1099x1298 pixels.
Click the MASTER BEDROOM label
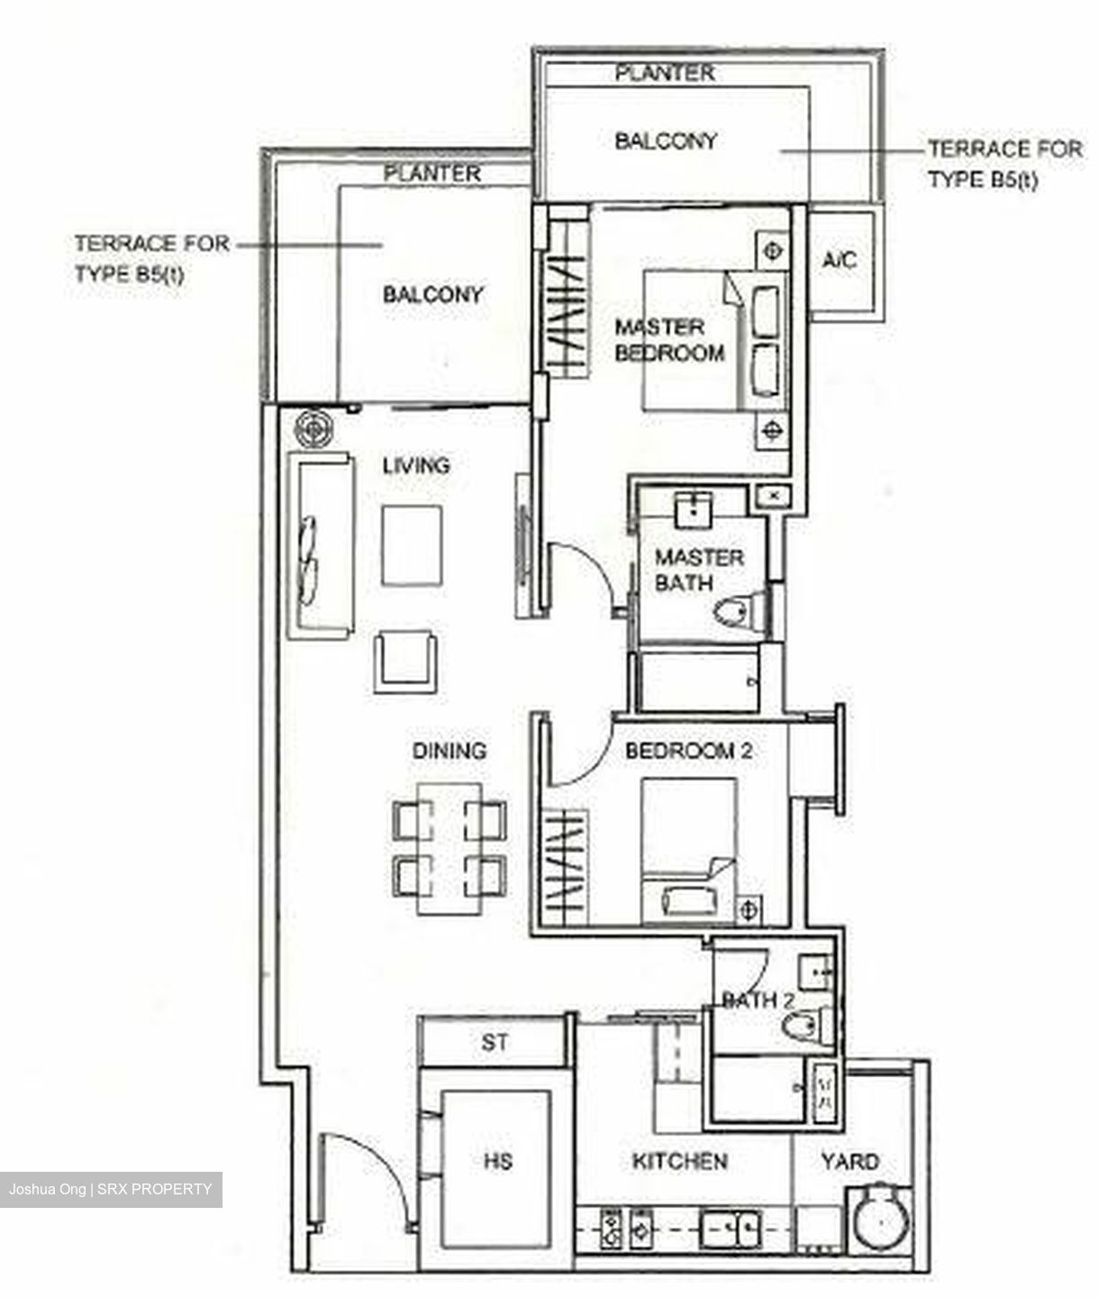click(669, 340)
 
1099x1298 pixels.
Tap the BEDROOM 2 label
click(688, 751)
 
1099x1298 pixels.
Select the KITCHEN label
click(679, 1161)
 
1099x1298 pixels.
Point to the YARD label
click(849, 1161)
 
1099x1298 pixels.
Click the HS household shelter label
click(497, 1160)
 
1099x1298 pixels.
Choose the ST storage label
click(494, 1043)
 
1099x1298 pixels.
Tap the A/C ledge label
click(840, 261)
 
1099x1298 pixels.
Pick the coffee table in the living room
click(412, 545)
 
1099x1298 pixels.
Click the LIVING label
click(415, 466)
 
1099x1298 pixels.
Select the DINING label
click(449, 750)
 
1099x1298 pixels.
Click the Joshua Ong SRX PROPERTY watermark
click(110, 1189)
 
